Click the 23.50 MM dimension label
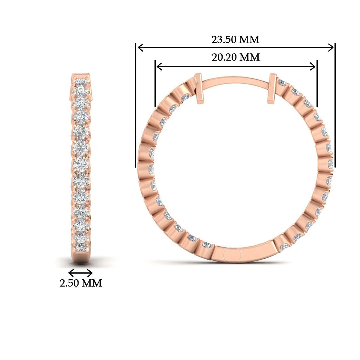[x=235, y=40]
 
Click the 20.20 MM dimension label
[x=236, y=57]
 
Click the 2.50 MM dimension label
[x=81, y=283]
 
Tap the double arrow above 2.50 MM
[x=80, y=273]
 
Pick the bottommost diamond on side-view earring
[x=80, y=247]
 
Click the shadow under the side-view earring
[x=81, y=262]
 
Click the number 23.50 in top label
[x=224, y=40]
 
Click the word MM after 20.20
[x=250, y=57]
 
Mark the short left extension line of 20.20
[x=155, y=83]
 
